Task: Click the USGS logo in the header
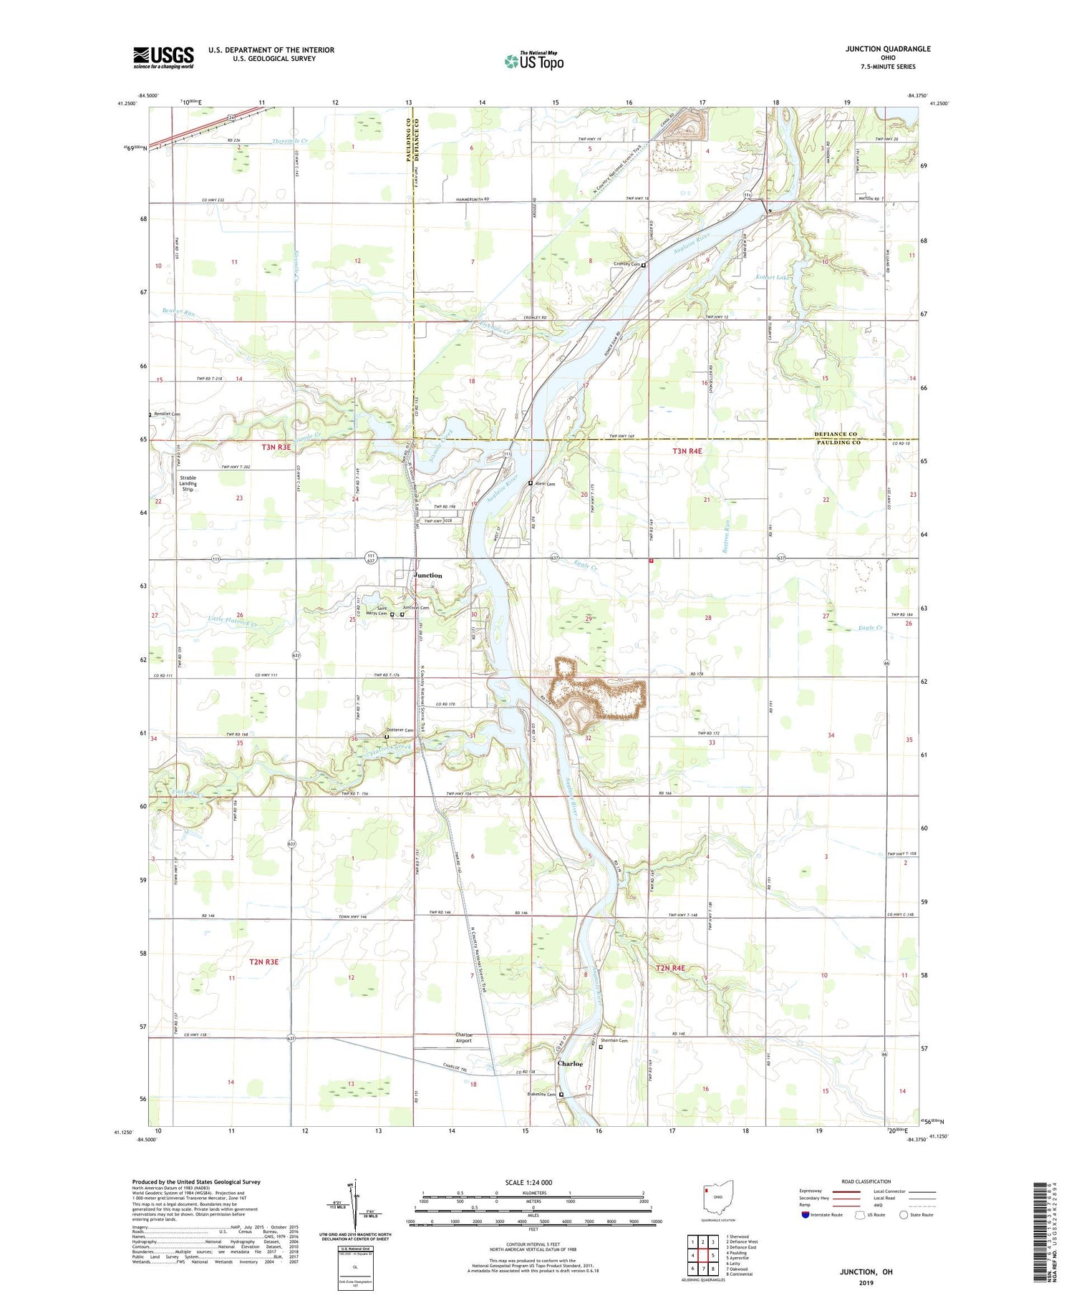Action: [163, 57]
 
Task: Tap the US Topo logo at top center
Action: [534, 62]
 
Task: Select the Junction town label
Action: [427, 576]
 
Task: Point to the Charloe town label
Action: [570, 1064]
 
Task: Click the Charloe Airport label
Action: [463, 1037]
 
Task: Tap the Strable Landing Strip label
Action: [188, 483]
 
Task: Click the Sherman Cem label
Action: [614, 1041]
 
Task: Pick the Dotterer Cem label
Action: [400, 730]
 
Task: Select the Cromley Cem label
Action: [626, 264]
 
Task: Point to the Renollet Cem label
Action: [167, 414]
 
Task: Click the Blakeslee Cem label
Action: [542, 1094]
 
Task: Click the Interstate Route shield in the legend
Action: [805, 1214]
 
